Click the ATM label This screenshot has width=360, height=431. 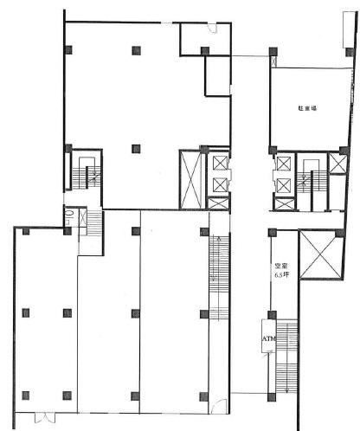(x=268, y=338)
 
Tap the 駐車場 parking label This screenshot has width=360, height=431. (x=307, y=108)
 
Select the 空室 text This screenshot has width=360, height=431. (x=280, y=266)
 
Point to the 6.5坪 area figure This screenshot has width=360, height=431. (x=281, y=274)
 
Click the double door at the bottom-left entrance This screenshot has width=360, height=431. (x=45, y=417)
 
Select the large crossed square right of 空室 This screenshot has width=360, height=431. (x=320, y=254)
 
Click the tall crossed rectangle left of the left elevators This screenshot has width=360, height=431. (x=190, y=179)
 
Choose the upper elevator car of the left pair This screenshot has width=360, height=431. (x=221, y=164)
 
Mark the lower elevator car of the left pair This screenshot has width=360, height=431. (x=221, y=184)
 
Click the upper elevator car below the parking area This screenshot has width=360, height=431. (x=284, y=164)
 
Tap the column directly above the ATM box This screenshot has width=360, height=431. (x=272, y=315)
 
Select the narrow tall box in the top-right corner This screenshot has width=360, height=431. (x=348, y=29)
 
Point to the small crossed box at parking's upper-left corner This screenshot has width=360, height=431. (x=273, y=61)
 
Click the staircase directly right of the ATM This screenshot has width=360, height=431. (x=286, y=357)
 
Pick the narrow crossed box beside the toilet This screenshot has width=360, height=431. (x=83, y=217)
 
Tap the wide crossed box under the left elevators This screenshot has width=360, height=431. (x=218, y=203)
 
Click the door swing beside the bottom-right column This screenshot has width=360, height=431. (x=216, y=406)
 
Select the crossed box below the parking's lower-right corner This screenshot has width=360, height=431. (x=337, y=164)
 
